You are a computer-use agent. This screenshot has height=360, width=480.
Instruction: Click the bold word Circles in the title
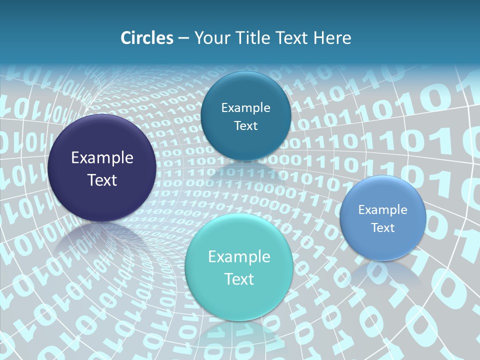[146, 38]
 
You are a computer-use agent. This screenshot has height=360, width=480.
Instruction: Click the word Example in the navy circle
[102, 158]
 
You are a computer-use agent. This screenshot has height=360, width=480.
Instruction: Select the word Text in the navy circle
[102, 180]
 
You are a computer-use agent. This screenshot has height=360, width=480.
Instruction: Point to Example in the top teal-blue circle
[245, 108]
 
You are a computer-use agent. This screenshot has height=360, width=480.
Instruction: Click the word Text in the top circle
[245, 125]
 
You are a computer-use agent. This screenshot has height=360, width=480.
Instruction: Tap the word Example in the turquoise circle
[239, 257]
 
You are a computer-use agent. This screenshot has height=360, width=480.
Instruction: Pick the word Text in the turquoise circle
[239, 279]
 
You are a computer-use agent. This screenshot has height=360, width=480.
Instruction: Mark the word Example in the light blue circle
[383, 210]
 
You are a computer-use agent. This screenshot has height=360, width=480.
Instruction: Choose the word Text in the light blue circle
[383, 228]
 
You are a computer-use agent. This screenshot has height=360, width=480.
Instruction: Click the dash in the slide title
[183, 38]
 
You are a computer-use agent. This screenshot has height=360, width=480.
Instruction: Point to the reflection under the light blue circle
[382, 272]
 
